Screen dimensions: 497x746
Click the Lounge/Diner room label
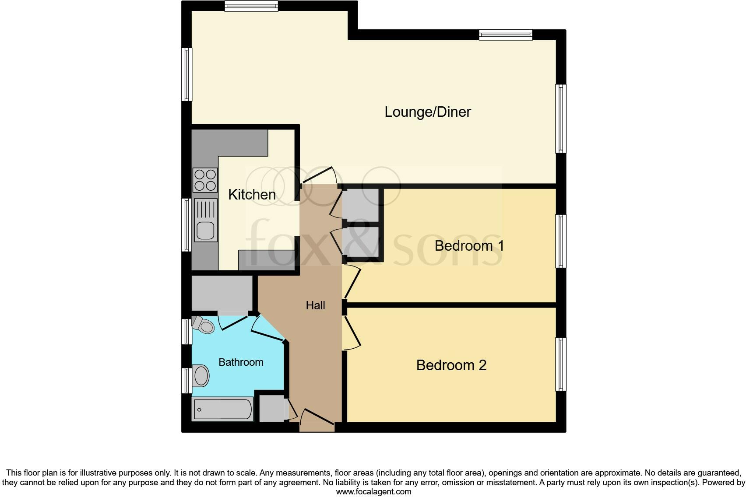427,112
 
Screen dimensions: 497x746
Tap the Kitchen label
252,194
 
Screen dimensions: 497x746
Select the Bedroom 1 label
469,246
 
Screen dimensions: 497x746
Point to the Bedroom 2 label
451,365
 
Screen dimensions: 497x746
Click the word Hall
315,305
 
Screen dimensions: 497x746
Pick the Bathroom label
241,362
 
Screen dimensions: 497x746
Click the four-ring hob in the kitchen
205,180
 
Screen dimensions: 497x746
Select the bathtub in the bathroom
223,409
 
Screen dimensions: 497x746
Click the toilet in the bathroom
204,325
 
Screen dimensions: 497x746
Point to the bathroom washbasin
201,375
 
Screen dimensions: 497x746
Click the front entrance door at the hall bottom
317,417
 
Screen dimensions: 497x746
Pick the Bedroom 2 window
561,364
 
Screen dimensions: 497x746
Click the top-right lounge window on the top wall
506,35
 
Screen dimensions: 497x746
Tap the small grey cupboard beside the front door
272,409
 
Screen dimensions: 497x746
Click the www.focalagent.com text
373,492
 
